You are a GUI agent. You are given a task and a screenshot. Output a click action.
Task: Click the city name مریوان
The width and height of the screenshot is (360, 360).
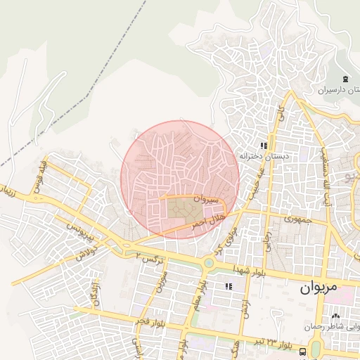[318, 288]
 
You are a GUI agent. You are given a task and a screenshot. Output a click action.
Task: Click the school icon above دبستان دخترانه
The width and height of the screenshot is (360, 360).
[264, 146]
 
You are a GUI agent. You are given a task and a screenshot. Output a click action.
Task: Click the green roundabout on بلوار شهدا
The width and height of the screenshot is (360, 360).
[209, 264]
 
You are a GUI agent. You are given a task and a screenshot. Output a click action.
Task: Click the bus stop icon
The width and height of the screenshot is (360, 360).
[302, 352]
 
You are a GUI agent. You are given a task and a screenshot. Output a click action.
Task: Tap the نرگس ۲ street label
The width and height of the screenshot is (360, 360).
[152, 259]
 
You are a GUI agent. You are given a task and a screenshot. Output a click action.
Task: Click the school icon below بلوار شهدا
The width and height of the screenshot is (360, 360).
[229, 285]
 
